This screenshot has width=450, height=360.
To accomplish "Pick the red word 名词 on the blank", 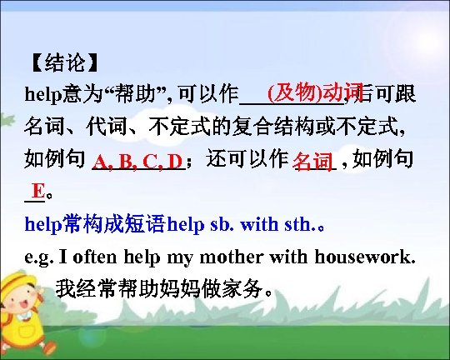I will click(x=313, y=161).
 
